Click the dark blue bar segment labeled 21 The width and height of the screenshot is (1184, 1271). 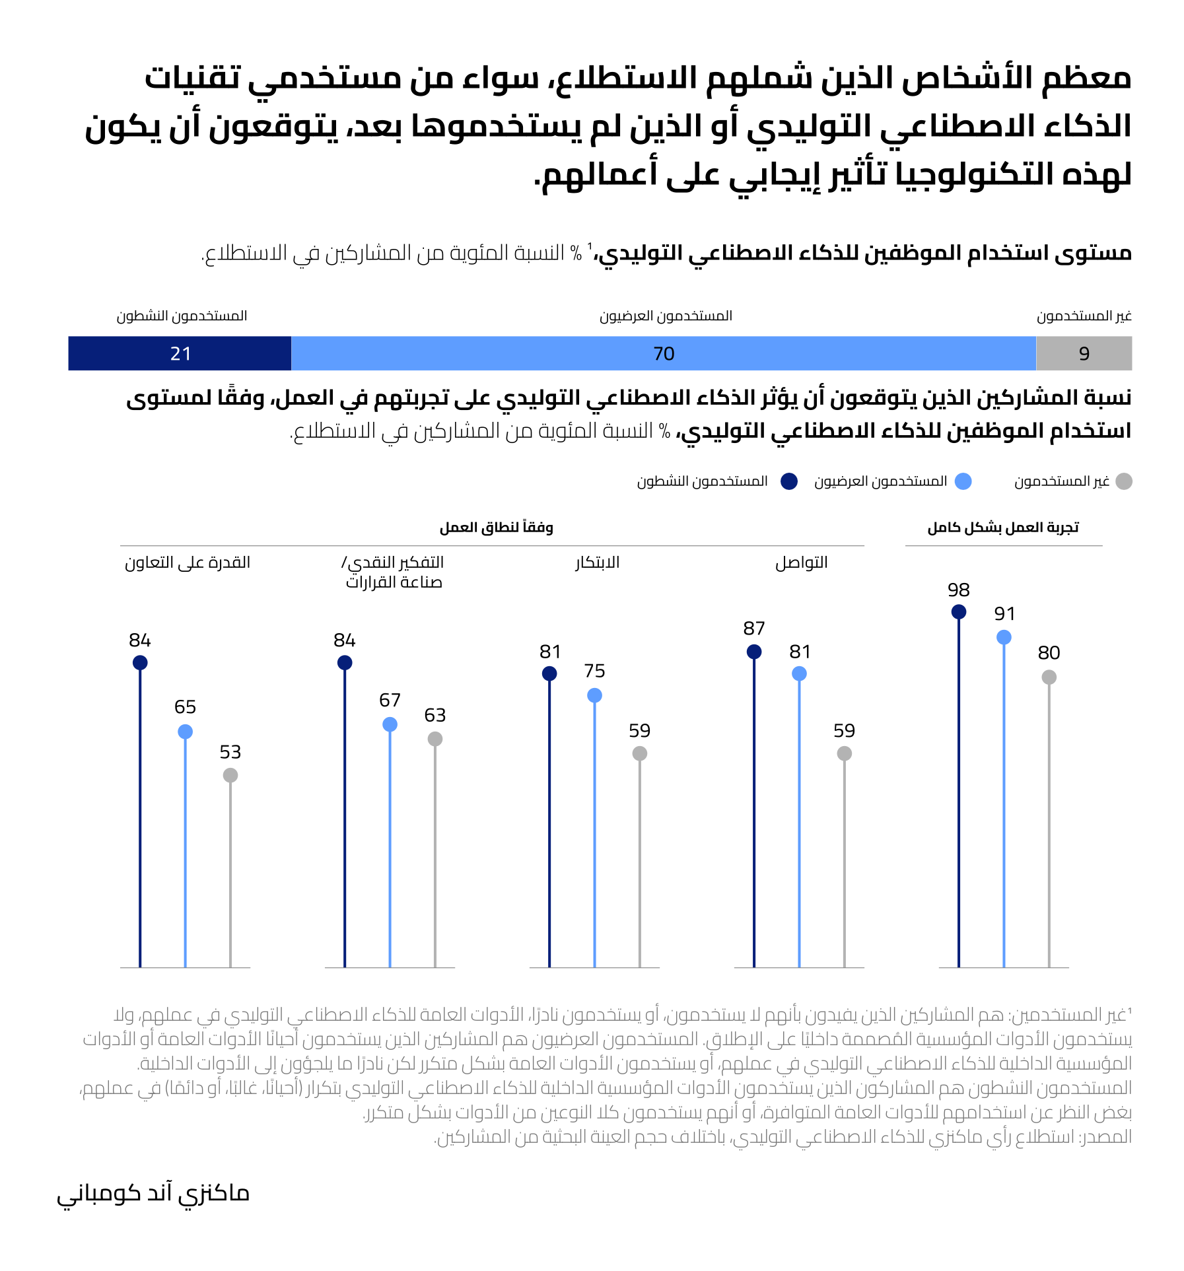(180, 353)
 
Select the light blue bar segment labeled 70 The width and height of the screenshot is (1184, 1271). (663, 353)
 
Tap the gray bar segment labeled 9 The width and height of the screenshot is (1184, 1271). (1084, 353)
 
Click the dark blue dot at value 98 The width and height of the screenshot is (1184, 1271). (958, 612)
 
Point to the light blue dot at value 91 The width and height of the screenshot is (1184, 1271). (1004, 637)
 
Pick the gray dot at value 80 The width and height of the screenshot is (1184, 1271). (1049, 677)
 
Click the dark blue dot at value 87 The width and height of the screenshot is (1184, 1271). (753, 652)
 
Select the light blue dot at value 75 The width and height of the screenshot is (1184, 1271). (594, 695)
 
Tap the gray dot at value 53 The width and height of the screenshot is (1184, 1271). (230, 775)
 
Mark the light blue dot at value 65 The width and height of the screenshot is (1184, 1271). (185, 732)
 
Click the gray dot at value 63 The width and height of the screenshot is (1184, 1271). (435, 739)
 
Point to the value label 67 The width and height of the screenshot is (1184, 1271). (390, 700)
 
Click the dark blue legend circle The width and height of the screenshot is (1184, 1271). (788, 481)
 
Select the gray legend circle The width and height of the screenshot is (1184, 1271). (1123, 481)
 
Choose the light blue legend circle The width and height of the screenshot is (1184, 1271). (963, 481)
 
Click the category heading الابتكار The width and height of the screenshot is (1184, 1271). (597, 563)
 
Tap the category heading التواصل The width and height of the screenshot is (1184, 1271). (801, 563)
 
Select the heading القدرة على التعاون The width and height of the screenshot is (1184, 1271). (188, 563)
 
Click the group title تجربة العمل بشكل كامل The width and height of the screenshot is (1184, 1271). (1002, 527)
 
